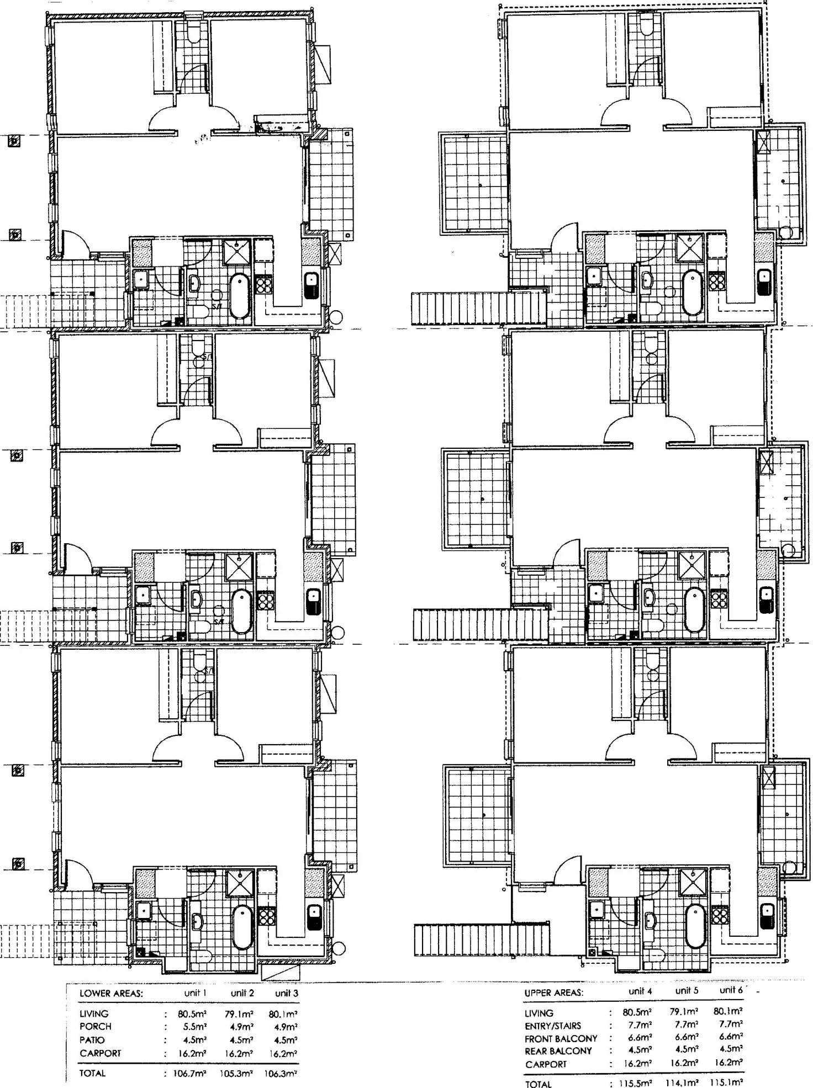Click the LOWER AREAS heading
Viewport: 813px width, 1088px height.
(111, 994)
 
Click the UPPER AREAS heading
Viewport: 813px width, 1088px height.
(553, 993)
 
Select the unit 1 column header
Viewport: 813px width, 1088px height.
(195, 993)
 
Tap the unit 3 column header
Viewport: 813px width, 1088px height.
(287, 993)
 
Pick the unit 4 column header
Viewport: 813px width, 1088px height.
(640, 991)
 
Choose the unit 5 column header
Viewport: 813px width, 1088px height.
(687, 991)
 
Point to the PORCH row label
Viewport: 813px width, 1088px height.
(96, 1027)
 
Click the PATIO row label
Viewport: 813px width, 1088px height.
(92, 1040)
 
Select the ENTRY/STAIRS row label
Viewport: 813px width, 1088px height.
(552, 1026)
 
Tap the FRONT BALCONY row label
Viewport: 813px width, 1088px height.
(561, 1038)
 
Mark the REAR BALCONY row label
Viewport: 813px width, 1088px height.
(558, 1051)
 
